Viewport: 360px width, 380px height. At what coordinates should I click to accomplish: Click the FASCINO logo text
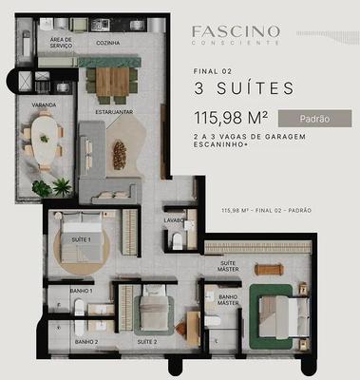click(x=236, y=31)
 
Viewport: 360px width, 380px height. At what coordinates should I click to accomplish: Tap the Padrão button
click(x=314, y=119)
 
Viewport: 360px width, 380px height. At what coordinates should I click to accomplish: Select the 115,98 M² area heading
click(x=231, y=118)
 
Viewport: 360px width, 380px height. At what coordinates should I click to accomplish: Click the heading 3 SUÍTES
click(x=244, y=88)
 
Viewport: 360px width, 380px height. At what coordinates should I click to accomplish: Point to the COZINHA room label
click(x=108, y=43)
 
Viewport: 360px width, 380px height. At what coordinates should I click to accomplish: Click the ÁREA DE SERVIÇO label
click(x=61, y=43)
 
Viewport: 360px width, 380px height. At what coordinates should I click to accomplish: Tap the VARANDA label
click(x=44, y=104)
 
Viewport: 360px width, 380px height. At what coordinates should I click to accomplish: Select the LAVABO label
click(x=174, y=220)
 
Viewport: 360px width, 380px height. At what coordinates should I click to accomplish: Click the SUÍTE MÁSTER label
click(x=228, y=266)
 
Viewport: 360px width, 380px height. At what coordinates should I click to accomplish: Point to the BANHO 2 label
click(x=86, y=342)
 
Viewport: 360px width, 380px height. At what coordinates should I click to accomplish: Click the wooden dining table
click(x=112, y=82)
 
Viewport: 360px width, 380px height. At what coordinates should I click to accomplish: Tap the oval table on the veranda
click(x=45, y=140)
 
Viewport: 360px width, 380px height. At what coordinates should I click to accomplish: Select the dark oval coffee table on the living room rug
click(x=120, y=155)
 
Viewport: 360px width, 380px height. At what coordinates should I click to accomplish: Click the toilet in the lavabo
click(x=178, y=241)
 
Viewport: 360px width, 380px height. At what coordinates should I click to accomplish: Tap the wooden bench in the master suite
click(x=269, y=270)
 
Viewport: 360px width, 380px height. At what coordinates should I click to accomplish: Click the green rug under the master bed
click(x=271, y=316)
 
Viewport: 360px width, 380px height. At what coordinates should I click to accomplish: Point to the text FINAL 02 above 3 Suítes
click(x=213, y=71)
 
